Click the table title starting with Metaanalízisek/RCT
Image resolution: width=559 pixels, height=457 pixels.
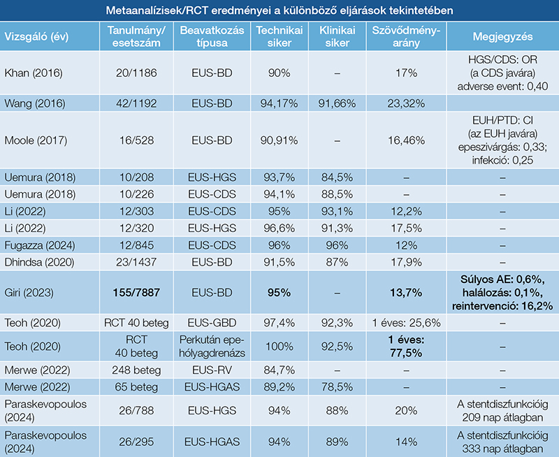279,11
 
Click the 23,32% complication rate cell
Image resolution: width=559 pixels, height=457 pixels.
405,103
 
